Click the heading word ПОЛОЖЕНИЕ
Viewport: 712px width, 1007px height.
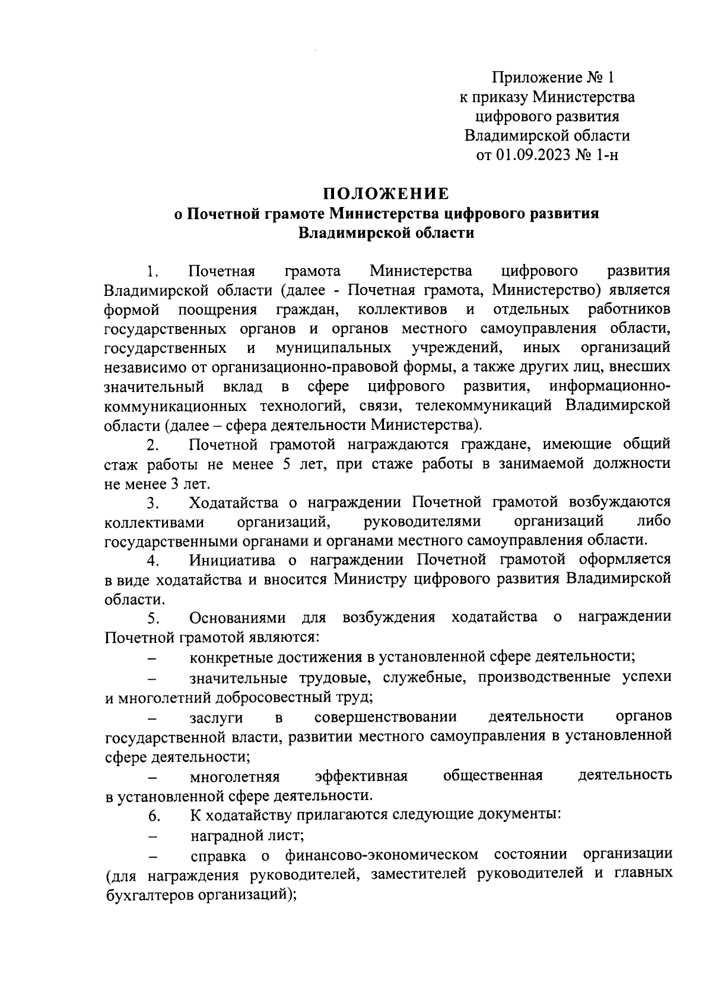coord(386,193)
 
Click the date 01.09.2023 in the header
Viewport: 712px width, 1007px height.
coord(532,155)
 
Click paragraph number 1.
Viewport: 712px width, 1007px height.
coord(152,272)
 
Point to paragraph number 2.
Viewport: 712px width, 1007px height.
coord(152,445)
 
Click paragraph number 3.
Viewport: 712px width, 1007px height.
coord(152,503)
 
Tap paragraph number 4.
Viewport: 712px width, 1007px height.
coord(152,561)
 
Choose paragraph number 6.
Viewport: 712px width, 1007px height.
coord(153,816)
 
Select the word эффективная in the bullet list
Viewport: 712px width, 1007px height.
coord(361,776)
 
